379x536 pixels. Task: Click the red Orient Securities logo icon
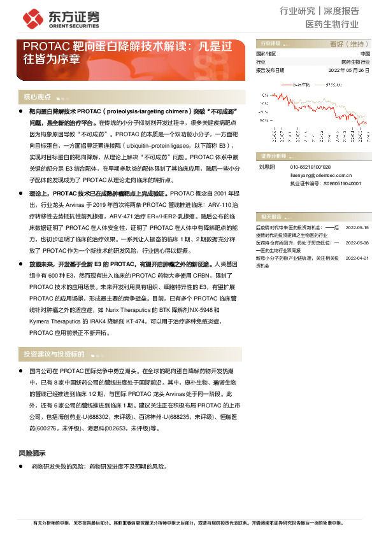click(x=31, y=18)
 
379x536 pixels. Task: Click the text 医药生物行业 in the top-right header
click(x=332, y=25)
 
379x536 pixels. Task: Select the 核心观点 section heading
click(x=37, y=97)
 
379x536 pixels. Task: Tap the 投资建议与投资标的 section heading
click(x=54, y=354)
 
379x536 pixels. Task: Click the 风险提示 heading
click(x=32, y=453)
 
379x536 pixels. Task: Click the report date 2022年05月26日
click(x=348, y=70)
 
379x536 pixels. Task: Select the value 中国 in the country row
click(x=364, y=54)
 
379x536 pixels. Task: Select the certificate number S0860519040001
click(x=347, y=182)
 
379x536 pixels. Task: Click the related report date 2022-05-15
click(x=357, y=227)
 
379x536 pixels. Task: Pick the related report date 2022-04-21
click(x=357, y=258)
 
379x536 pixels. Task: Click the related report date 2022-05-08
click(x=357, y=243)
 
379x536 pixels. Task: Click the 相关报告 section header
click(x=268, y=216)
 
